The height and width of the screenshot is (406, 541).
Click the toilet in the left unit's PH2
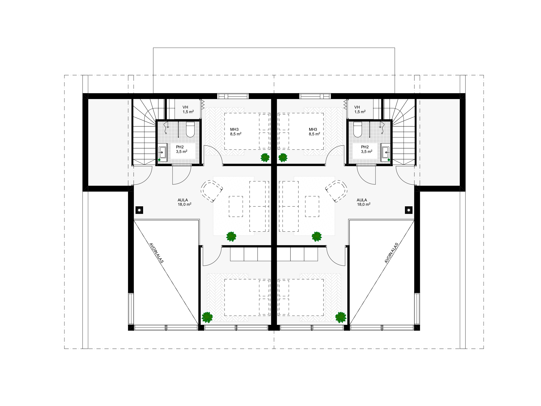(190, 129)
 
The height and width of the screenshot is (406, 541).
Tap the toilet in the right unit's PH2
(358, 129)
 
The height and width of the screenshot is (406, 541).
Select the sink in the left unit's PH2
(162, 152)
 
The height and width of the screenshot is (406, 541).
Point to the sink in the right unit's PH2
(386, 152)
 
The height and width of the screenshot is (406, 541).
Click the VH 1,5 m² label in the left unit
(188, 110)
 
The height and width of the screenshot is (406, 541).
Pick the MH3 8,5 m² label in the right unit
(314, 132)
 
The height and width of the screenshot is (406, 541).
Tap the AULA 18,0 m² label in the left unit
(184, 202)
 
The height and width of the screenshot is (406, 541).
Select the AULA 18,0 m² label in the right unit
(364, 202)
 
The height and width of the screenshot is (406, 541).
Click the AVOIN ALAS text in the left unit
(156, 253)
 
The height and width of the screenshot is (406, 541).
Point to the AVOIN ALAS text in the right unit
(391, 253)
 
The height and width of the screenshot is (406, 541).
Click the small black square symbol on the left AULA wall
(139, 210)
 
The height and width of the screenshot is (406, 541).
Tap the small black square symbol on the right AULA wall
(409, 210)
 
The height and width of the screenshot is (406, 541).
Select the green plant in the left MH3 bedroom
(265, 157)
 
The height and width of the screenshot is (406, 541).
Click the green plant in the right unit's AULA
(316, 237)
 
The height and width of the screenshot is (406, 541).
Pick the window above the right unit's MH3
(315, 96)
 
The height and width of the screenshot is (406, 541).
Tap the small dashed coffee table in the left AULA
(236, 207)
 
